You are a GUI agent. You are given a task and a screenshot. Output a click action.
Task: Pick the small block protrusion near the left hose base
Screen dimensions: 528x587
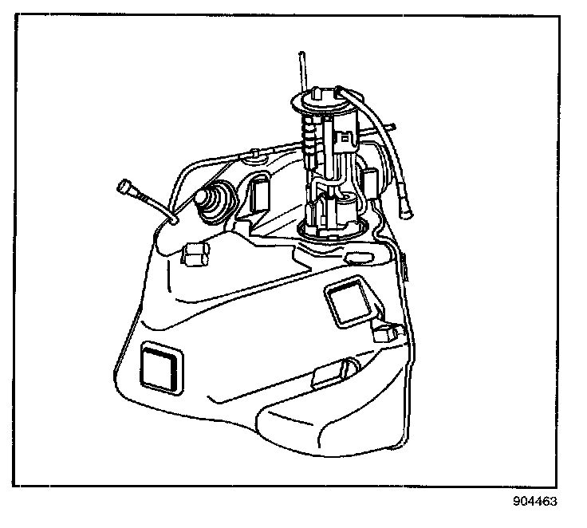click(194, 254)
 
